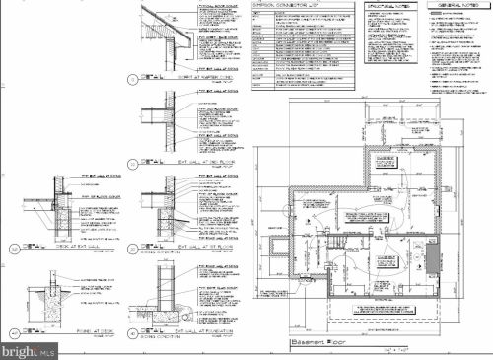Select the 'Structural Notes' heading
click(389, 6)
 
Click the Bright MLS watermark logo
click(28, 347)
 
